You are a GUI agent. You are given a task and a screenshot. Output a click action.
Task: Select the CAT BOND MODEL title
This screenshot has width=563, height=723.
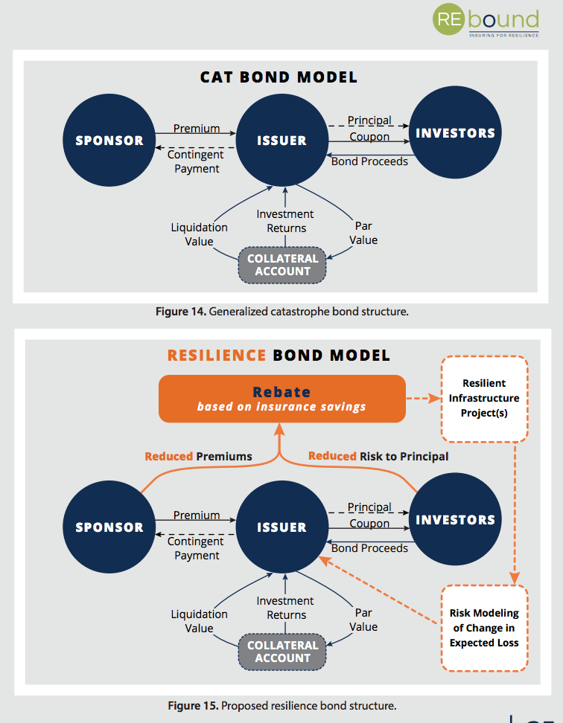click(x=279, y=77)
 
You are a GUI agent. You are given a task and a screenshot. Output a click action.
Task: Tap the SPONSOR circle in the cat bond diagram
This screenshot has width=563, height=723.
click(x=109, y=141)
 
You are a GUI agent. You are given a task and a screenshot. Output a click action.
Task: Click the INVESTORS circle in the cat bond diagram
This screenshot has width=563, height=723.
click(x=455, y=134)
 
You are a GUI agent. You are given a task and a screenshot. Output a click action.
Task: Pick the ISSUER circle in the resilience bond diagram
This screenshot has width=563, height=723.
click(x=281, y=527)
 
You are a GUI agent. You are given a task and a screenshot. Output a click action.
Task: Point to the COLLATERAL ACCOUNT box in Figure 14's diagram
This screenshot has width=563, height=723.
click(x=282, y=265)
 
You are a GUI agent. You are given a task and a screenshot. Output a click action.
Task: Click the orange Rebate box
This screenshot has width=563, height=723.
click(x=281, y=399)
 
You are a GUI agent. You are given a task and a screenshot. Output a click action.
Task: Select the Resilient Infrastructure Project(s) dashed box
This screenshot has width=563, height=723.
click(x=484, y=398)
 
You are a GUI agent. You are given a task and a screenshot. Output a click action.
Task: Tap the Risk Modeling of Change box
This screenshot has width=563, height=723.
click(x=484, y=628)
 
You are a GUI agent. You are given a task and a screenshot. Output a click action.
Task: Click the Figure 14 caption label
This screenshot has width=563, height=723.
click(x=181, y=312)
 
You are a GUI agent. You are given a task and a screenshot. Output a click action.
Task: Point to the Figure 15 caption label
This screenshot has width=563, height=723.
click(x=181, y=704)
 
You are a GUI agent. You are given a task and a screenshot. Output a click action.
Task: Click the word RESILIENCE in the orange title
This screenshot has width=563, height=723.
click(x=217, y=355)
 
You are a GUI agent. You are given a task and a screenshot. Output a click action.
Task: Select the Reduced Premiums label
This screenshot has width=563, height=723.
click(x=198, y=456)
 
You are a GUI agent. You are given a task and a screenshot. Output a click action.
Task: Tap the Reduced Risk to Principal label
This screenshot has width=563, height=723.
click(x=378, y=456)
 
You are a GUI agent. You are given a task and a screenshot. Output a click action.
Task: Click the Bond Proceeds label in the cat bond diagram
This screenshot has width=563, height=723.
click(x=369, y=161)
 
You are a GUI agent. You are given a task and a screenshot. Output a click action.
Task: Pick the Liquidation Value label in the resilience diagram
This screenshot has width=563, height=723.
click(x=199, y=621)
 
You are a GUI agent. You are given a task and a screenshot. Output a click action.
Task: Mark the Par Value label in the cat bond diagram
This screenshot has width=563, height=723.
click(x=363, y=233)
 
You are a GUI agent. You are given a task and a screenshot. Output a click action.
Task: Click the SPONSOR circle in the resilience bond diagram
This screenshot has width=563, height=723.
click(x=109, y=527)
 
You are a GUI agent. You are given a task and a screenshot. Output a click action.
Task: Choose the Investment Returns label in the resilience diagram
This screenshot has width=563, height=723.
click(x=286, y=608)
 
